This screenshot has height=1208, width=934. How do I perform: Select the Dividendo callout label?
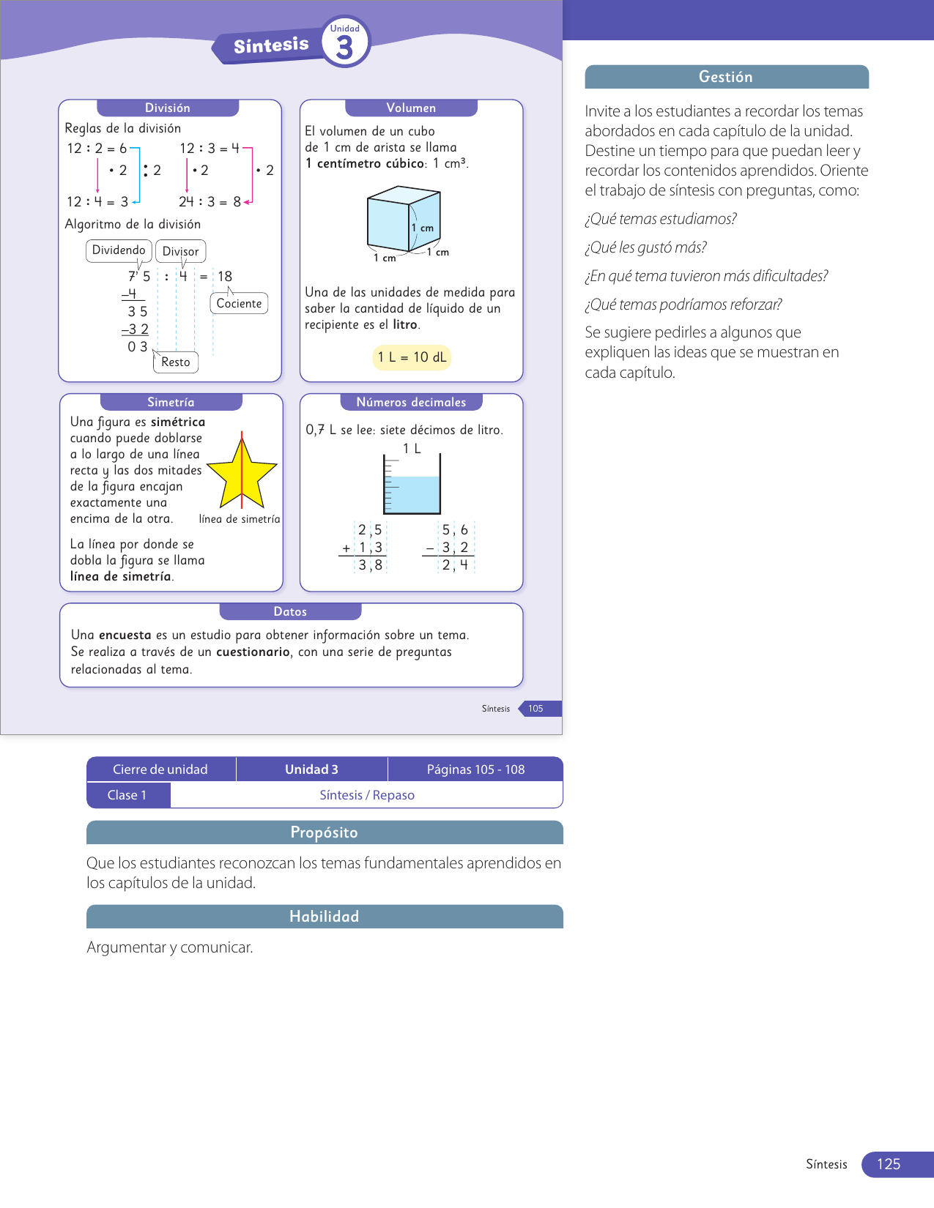(119, 250)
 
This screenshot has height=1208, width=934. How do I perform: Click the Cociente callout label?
(239, 304)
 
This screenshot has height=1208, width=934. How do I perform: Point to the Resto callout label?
(176, 362)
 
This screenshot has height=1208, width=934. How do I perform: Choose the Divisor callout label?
(180, 251)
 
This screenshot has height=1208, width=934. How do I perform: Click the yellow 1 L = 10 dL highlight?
(412, 357)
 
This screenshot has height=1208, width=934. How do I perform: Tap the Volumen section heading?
(411, 108)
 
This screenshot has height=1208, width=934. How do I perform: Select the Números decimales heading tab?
(411, 402)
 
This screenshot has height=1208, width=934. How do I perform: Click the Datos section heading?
(290, 611)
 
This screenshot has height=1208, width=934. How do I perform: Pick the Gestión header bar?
(726, 77)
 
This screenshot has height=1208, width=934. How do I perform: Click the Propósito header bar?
(325, 832)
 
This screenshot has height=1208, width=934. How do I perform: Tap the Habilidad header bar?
(325, 917)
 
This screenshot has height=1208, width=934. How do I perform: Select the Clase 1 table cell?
(127, 795)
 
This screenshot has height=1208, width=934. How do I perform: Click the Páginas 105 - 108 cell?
(475, 769)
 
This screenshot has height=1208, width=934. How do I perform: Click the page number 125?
(889, 1164)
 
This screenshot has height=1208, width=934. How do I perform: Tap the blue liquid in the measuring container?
(412, 495)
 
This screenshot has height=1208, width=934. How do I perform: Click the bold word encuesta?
(125, 635)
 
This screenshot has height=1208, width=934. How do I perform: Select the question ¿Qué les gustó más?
(645, 247)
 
